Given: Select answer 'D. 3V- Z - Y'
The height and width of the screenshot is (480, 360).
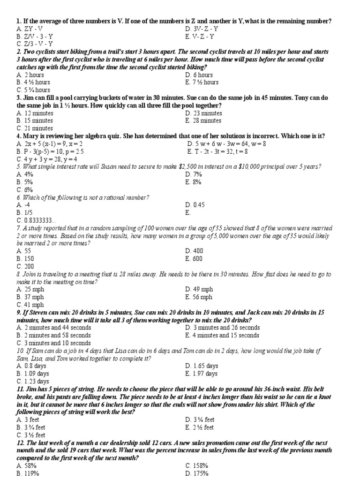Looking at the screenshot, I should click(x=202, y=29).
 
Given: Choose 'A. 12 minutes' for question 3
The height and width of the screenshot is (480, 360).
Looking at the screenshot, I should click(x=35, y=113).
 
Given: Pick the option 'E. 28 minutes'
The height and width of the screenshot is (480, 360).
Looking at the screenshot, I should click(x=204, y=120).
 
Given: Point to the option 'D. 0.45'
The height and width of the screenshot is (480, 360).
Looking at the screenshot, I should click(x=195, y=205).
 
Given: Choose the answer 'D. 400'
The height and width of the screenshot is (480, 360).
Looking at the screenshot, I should click(x=194, y=251).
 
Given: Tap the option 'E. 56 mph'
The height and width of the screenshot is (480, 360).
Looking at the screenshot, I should click(x=199, y=297).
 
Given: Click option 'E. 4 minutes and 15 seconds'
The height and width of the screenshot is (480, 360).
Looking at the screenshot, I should click(x=222, y=335).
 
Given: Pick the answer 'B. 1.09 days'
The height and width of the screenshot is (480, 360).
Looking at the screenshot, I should click(x=32, y=374).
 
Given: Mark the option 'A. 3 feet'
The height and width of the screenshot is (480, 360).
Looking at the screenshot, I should click(x=28, y=420).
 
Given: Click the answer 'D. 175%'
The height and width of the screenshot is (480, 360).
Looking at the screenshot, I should click(x=196, y=473).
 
